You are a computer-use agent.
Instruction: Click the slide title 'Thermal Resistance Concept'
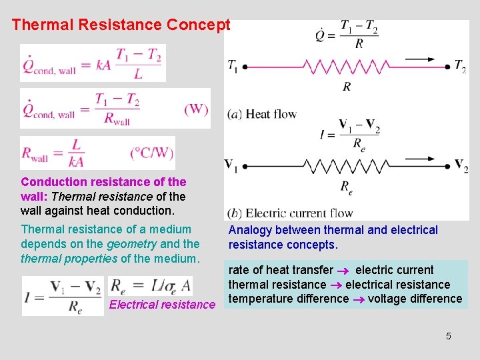point(121,25)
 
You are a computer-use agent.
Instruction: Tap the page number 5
point(449,336)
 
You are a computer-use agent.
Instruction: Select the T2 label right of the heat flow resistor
point(460,66)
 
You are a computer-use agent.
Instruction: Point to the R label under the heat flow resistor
point(347,86)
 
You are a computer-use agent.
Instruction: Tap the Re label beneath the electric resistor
point(347,188)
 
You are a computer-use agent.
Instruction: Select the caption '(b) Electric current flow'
point(289,213)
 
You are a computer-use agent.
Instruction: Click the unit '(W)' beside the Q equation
point(196,109)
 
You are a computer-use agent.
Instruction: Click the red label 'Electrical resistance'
point(163,305)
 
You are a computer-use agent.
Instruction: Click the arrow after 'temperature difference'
point(359,299)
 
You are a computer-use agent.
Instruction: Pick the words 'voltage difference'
point(415,298)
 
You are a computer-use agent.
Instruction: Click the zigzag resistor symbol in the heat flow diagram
point(347,66)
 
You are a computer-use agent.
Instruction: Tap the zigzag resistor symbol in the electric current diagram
point(347,165)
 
